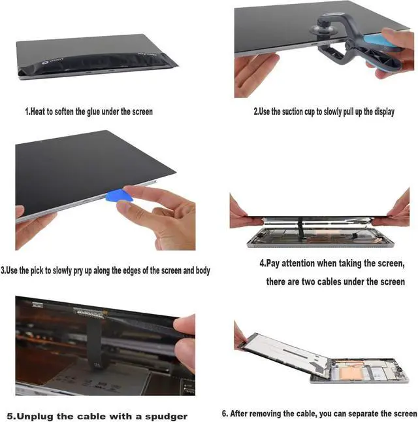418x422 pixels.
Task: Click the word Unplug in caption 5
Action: pyautogui.click(x=37, y=416)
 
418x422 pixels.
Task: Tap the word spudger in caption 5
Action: pyautogui.click(x=166, y=416)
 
